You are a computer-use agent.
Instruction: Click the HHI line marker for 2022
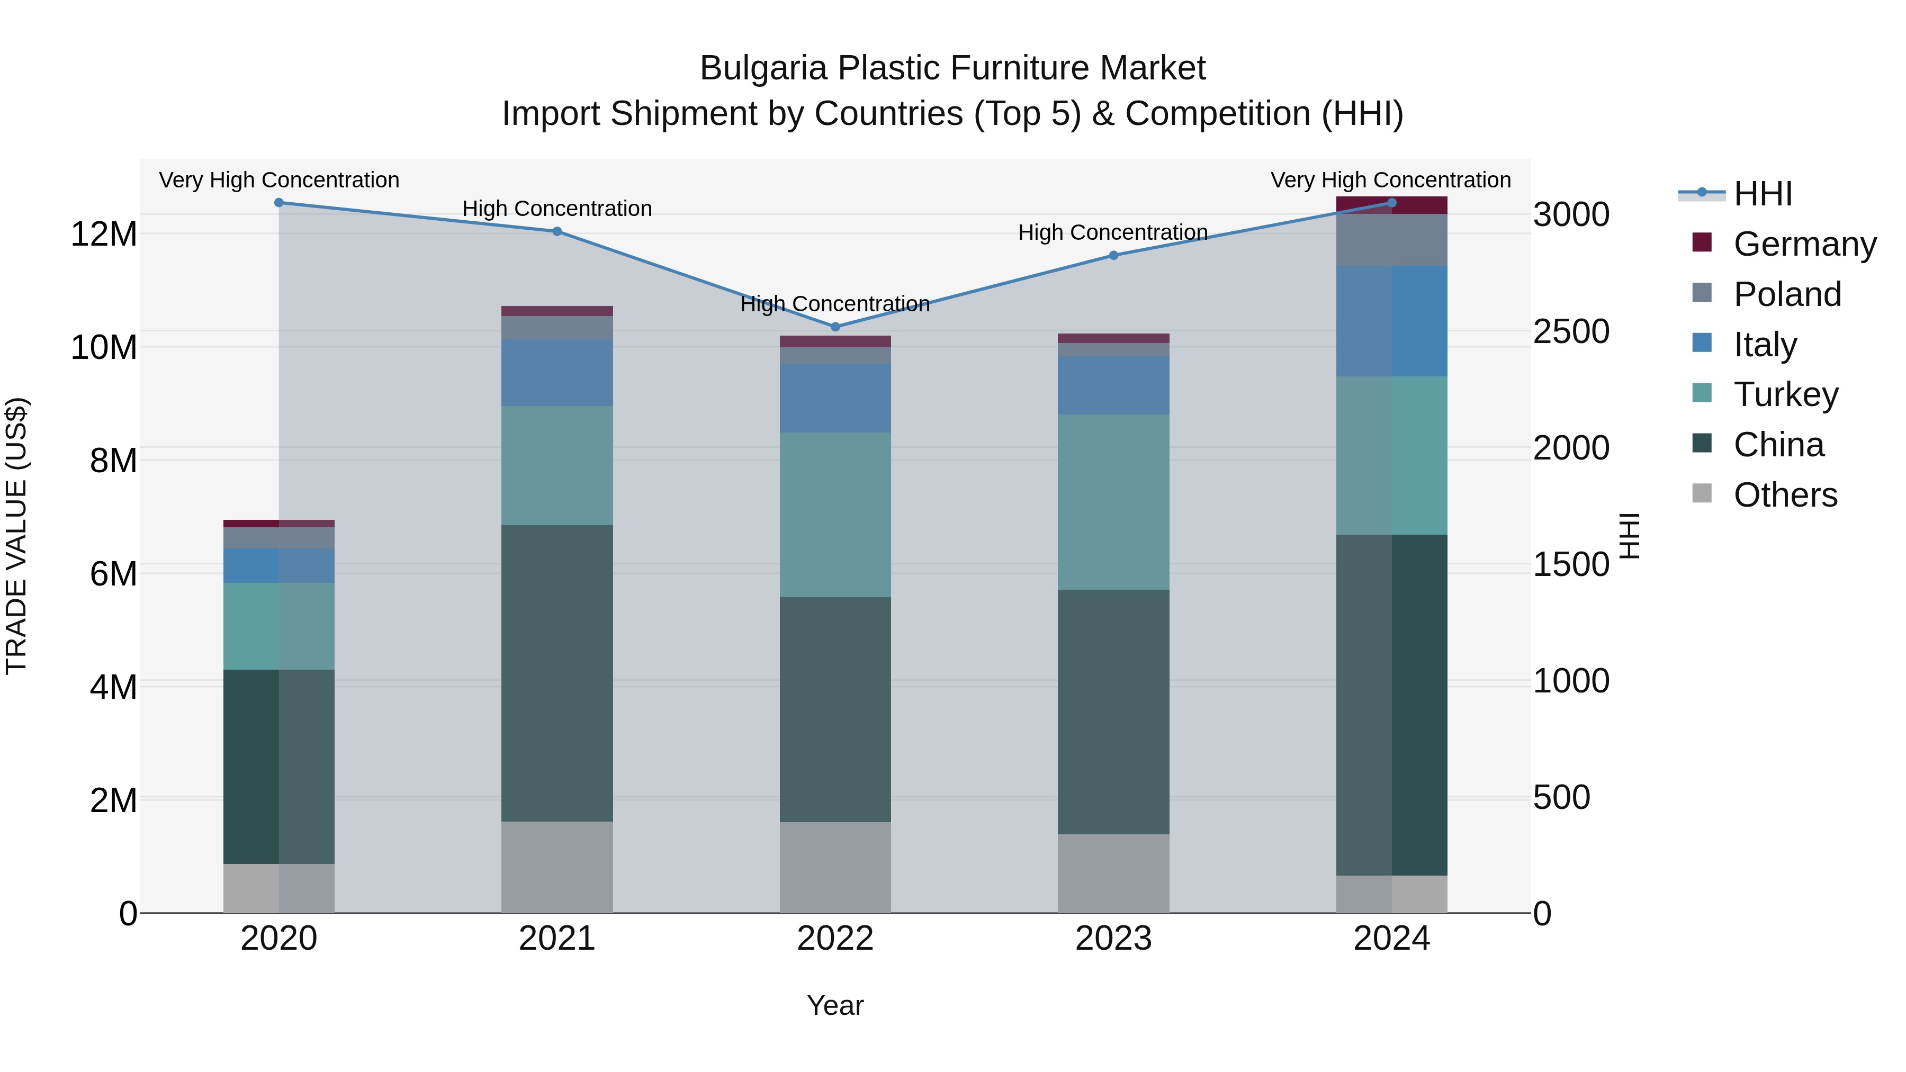tap(835, 326)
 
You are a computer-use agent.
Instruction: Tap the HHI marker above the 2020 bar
tap(279, 203)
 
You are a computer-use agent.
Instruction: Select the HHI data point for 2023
tap(1113, 255)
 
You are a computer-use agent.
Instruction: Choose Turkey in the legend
tap(1785, 394)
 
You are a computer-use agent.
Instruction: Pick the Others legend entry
tap(1785, 495)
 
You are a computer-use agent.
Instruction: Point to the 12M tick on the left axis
tap(104, 235)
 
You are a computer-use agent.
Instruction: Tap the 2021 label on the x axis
tap(557, 939)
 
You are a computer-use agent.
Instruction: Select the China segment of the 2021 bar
tap(557, 673)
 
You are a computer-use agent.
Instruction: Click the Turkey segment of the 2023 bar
tap(1113, 502)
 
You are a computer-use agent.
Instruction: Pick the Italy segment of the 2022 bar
tap(835, 398)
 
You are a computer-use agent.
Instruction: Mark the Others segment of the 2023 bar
tap(1113, 873)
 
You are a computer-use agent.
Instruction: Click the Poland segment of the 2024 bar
tap(1392, 240)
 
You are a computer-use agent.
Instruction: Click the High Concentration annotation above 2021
tap(557, 209)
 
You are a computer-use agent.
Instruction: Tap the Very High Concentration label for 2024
tap(1391, 180)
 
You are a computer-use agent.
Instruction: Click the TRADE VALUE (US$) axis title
tap(16, 536)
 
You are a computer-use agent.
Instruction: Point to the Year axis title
tap(835, 1005)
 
